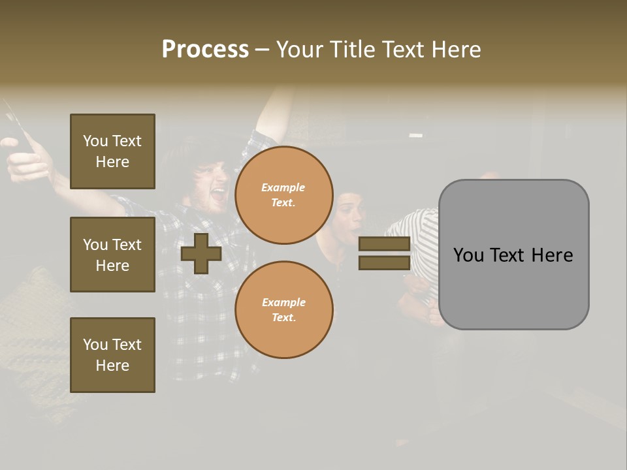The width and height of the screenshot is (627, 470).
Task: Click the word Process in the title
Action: pyautogui.click(x=205, y=50)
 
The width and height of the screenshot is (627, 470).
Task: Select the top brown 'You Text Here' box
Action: pyautogui.click(x=112, y=151)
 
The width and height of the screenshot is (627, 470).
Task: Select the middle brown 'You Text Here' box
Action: pyautogui.click(x=112, y=255)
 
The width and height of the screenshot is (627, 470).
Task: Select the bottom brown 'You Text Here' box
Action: pyautogui.click(x=112, y=355)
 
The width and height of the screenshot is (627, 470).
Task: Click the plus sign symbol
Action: pyautogui.click(x=201, y=253)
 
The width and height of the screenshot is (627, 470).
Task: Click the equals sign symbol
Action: pyautogui.click(x=384, y=253)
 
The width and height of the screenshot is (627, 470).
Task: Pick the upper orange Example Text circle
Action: pyautogui.click(x=284, y=195)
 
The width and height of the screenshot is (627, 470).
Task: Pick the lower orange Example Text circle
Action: pyautogui.click(x=284, y=309)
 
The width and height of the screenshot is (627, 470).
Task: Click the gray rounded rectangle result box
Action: pyautogui.click(x=513, y=255)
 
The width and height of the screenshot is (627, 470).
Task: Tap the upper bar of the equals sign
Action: pyautogui.click(x=384, y=243)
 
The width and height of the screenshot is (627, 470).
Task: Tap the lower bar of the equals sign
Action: pyautogui.click(x=384, y=263)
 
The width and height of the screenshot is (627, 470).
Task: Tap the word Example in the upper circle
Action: pyautogui.click(x=283, y=187)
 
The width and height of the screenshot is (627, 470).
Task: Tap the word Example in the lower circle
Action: pyautogui.click(x=283, y=302)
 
